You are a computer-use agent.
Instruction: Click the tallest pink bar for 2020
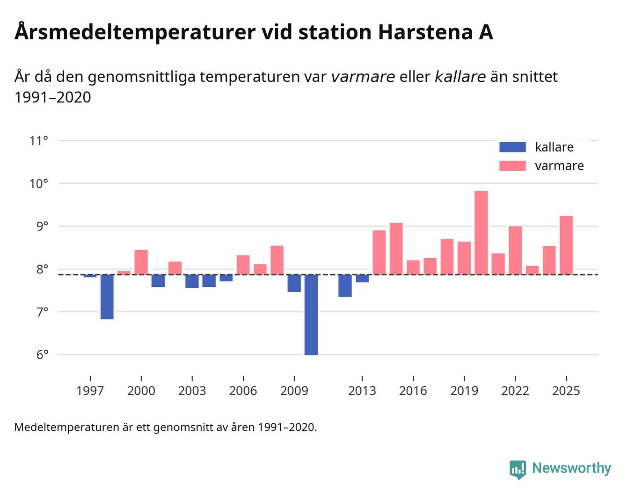click(481, 232)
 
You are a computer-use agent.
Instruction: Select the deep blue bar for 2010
click(311, 314)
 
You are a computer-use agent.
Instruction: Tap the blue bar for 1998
click(107, 297)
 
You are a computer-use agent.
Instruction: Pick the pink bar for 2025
click(566, 245)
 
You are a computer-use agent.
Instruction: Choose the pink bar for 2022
click(515, 250)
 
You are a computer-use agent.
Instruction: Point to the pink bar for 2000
click(141, 262)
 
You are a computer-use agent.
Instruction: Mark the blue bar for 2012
click(345, 285)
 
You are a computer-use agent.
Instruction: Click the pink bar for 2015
click(396, 248)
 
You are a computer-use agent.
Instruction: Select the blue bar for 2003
click(192, 281)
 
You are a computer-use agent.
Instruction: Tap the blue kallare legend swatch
click(512, 147)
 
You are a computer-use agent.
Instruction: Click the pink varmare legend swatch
click(512, 166)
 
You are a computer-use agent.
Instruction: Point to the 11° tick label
click(39, 140)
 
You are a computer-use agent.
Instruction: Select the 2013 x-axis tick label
click(362, 391)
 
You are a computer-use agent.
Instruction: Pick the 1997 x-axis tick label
click(90, 391)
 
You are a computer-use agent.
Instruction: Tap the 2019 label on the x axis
click(464, 391)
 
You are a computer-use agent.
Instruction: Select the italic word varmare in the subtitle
click(363, 76)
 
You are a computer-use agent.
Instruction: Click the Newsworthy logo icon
click(518, 469)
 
